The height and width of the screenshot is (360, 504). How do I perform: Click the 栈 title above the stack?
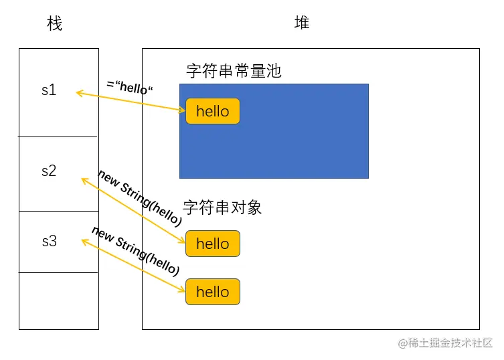(55, 24)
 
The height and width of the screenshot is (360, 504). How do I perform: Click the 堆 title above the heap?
(302, 23)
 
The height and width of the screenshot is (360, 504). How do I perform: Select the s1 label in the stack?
(49, 90)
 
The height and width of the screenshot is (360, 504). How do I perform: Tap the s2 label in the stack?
(49, 171)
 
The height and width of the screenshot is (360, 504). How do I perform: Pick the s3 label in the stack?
(49, 242)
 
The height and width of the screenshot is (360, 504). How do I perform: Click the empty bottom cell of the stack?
(58, 300)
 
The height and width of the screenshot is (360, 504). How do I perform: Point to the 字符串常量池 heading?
(234, 71)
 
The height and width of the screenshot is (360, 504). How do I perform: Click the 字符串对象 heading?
(222, 207)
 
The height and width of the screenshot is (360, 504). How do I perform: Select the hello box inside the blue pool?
(212, 111)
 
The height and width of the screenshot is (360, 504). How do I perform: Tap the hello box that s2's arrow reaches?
(212, 244)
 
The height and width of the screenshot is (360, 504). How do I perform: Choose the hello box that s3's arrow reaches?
(212, 292)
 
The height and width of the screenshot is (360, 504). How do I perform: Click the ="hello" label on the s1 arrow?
(131, 88)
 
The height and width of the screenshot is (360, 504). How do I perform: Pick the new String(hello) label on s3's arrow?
(135, 251)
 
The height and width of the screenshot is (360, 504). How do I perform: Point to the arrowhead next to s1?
(78, 93)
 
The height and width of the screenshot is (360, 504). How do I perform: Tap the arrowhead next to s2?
(84, 179)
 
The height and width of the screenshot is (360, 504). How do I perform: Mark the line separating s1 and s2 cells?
(58, 137)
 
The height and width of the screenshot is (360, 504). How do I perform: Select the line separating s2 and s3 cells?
(58, 211)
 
